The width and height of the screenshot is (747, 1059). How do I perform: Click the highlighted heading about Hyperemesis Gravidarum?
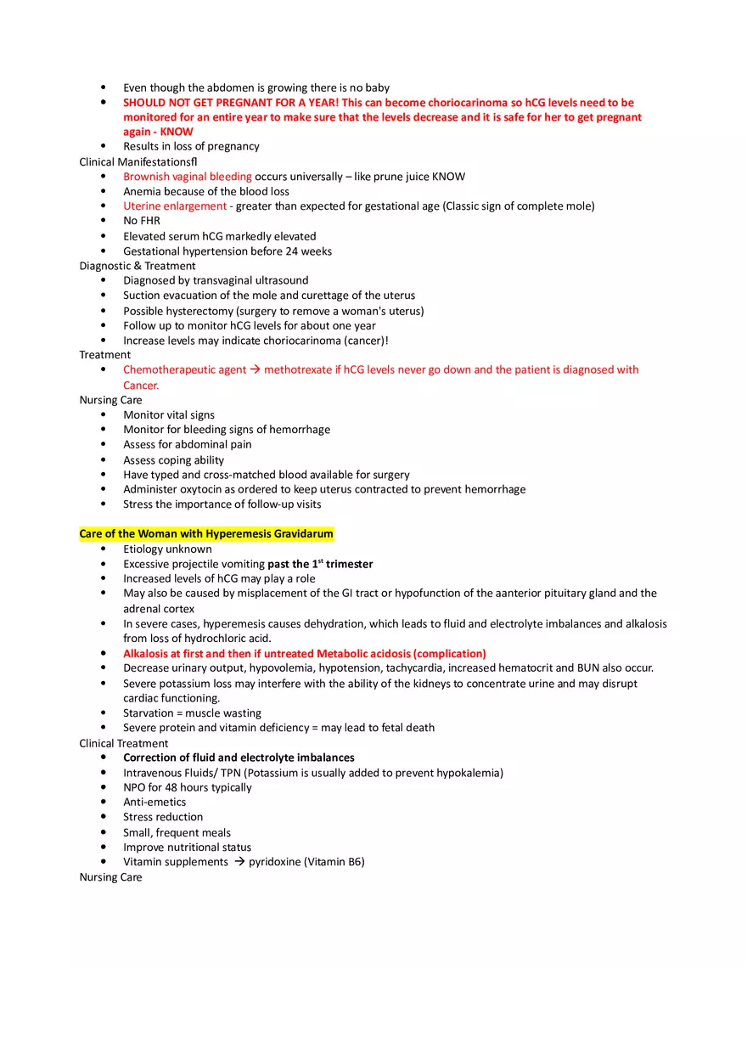[x=206, y=534]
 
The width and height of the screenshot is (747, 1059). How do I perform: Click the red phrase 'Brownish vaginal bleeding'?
[x=187, y=177]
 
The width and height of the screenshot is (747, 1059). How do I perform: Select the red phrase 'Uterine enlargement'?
[x=175, y=206]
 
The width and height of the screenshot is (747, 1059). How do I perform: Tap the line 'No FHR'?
[x=142, y=221]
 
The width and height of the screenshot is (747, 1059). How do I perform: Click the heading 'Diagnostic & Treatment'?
[x=138, y=266]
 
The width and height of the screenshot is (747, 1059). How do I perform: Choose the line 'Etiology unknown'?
[x=167, y=549]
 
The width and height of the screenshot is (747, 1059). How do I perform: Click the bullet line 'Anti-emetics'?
[x=154, y=803]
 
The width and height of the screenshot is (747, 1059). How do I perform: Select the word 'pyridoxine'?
[x=274, y=862]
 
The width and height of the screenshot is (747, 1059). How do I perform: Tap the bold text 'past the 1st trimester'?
[x=320, y=564]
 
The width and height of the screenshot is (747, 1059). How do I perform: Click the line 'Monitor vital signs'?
[x=169, y=415]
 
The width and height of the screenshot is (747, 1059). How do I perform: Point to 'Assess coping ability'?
[x=173, y=460]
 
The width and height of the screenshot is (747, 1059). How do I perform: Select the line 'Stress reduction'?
[x=163, y=817]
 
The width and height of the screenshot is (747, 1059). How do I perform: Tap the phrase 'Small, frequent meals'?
[x=177, y=833]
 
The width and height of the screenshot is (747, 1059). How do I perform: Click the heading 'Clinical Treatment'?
[x=124, y=744]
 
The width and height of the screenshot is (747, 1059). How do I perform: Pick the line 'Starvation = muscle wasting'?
[x=192, y=713]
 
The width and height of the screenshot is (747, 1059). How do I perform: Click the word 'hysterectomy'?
[x=198, y=311]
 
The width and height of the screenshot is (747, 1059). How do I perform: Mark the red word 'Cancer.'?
[x=141, y=386]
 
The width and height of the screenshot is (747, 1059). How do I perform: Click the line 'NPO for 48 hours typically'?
[x=188, y=787]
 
